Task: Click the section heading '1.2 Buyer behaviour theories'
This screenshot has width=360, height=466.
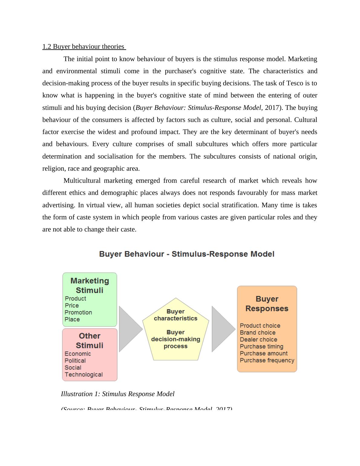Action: point(83,47)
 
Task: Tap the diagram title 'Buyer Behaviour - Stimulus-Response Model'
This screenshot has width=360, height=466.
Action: point(187,254)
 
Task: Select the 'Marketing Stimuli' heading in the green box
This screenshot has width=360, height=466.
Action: point(90,285)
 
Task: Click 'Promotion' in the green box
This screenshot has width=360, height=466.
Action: point(78,313)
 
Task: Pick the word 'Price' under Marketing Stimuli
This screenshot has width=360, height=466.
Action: point(72,306)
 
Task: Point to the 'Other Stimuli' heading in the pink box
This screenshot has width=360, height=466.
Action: point(90,340)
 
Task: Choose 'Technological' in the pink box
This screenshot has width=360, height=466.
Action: point(84,375)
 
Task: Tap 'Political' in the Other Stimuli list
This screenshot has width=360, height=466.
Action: point(75,361)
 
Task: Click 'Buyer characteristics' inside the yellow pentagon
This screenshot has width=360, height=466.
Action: point(175,315)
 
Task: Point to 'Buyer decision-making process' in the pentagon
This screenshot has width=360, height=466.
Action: point(175,339)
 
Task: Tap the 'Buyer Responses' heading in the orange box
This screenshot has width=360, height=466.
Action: point(267,304)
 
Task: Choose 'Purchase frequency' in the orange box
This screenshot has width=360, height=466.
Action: point(267,360)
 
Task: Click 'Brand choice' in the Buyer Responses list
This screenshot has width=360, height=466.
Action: point(257,333)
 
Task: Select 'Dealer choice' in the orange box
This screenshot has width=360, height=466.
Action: point(258,340)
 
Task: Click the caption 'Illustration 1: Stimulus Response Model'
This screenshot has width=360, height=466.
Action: point(118,394)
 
